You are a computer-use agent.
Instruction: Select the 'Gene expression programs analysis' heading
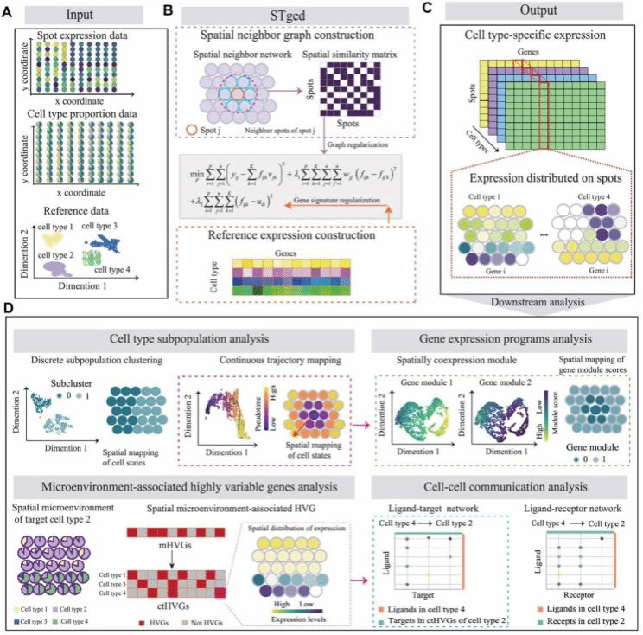505,334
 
